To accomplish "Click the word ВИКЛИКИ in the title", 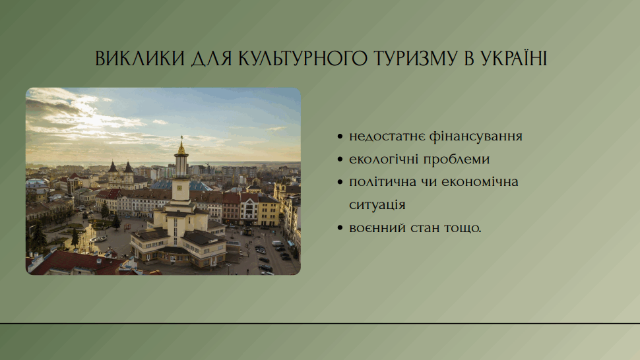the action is [140, 58].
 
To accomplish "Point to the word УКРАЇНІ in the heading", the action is [513, 57].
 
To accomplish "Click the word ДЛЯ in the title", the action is [212, 58].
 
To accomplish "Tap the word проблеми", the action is [457, 159].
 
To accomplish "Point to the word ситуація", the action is [377, 205].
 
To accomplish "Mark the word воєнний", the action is [377, 228].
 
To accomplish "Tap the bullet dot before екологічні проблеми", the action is [340, 160].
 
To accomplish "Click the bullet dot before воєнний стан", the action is [340, 228].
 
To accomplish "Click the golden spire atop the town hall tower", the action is [181, 147].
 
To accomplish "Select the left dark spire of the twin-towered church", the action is [113, 167].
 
